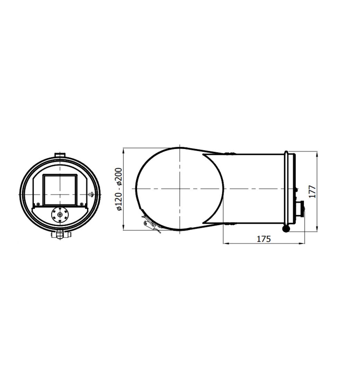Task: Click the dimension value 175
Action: [264, 239]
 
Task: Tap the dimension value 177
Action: [313, 191]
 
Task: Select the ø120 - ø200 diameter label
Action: [119, 189]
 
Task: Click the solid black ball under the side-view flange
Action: [286, 229]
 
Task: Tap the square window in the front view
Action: [60, 190]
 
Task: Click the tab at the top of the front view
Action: [60, 155]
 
